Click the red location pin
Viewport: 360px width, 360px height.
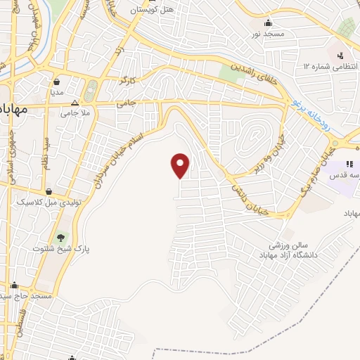(x=181, y=165)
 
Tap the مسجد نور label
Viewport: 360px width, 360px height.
(x=268, y=34)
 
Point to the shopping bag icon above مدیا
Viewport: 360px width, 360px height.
(x=56, y=81)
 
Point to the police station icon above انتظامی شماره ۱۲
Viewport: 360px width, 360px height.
(x=340, y=55)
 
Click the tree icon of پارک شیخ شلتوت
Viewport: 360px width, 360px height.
(x=60, y=237)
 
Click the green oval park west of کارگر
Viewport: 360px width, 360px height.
(x=91, y=91)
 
